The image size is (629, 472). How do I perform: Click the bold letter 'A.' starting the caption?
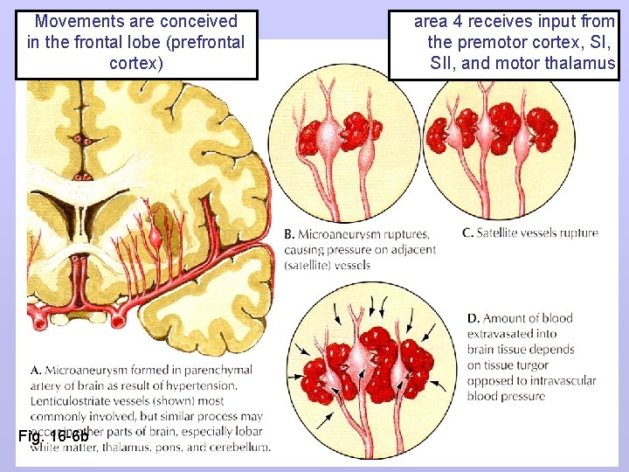[36, 370]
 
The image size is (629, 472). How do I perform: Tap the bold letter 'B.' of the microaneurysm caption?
[290, 234]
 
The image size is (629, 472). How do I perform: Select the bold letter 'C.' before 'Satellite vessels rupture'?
[468, 233]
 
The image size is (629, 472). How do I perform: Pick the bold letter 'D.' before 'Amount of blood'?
[473, 318]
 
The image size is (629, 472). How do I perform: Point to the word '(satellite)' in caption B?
[310, 266]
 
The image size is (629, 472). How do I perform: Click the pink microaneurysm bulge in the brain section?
[156, 235]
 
